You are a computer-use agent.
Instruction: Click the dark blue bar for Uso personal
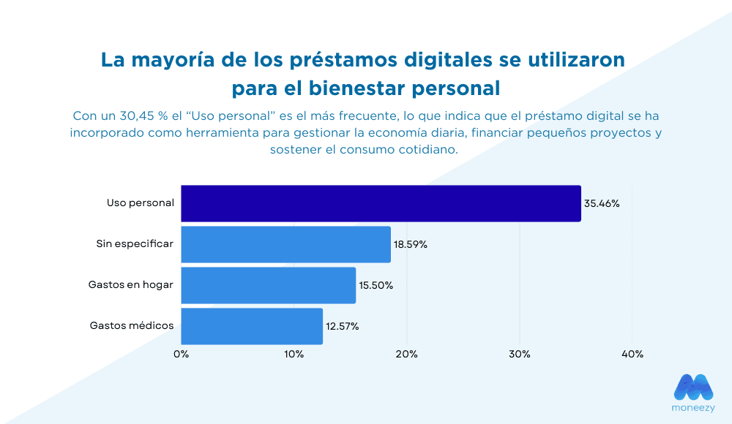click(381, 203)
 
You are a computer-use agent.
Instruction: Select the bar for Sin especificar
click(285, 244)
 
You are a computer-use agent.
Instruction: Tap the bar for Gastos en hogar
click(268, 285)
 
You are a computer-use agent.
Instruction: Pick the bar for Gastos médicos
click(252, 326)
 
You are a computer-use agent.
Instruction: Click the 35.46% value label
click(602, 204)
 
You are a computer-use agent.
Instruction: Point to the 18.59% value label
click(411, 245)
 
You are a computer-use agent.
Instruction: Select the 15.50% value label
click(376, 286)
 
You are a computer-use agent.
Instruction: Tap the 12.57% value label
click(342, 327)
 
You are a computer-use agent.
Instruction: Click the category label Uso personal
click(141, 202)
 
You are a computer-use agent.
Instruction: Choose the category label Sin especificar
click(135, 243)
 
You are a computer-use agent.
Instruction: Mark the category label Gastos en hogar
click(131, 284)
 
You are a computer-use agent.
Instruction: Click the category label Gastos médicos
click(132, 325)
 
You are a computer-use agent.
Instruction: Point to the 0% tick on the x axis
click(181, 355)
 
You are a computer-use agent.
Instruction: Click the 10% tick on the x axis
click(294, 355)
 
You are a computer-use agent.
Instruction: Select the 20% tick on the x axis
click(406, 355)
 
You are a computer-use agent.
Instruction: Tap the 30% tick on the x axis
click(519, 355)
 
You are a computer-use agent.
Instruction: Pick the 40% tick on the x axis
click(632, 355)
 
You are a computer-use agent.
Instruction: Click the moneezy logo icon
click(692, 387)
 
